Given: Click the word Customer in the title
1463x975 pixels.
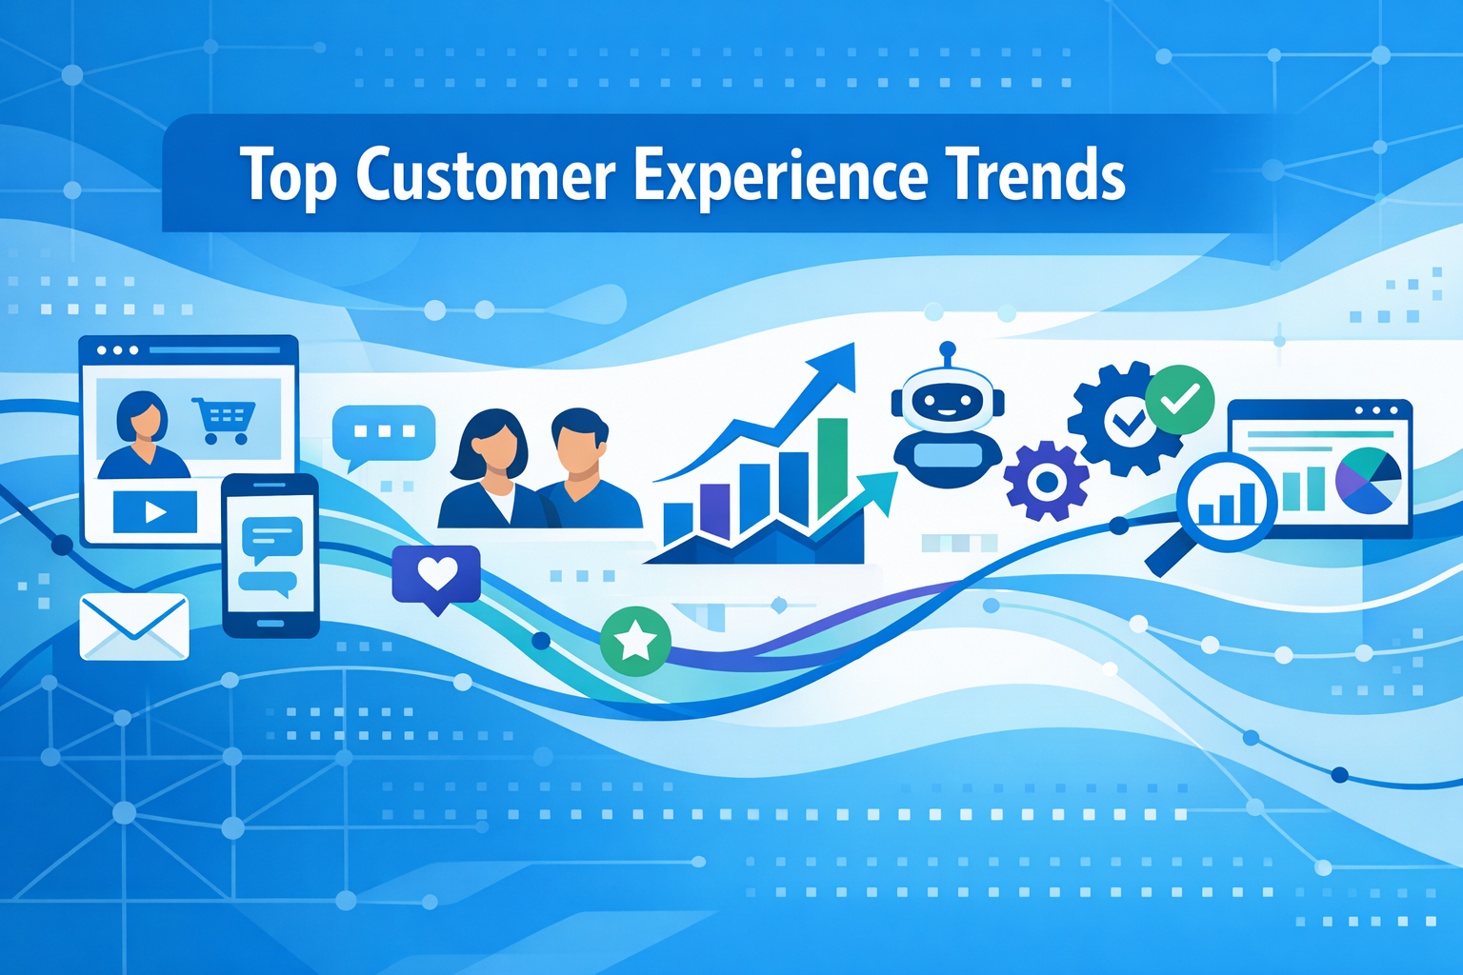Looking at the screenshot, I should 486,176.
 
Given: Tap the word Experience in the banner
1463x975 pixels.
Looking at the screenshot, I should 780,176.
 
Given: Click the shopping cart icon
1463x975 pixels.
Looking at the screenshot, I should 224,420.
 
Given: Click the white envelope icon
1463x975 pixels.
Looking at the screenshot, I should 134,627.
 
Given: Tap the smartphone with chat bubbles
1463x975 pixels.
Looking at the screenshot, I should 271,555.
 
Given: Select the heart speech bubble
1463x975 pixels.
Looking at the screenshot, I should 436,576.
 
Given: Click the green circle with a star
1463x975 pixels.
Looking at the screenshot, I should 635,641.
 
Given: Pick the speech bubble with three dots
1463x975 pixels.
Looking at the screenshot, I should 383,433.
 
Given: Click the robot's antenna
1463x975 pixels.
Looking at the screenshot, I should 947,353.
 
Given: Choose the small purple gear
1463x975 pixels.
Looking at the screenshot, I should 1046,481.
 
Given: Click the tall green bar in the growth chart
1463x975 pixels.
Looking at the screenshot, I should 832,467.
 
